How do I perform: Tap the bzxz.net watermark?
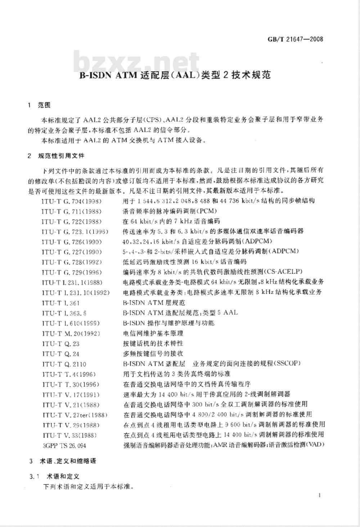click(136, 62)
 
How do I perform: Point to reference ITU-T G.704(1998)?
click(71, 201)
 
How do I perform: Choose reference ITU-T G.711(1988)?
click(71, 211)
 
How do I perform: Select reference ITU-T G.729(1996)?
click(71, 272)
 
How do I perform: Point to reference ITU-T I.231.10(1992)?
click(76, 292)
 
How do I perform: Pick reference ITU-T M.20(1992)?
click(71, 334)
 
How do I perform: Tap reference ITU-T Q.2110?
click(64, 364)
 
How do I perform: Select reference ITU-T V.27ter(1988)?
click(75, 415)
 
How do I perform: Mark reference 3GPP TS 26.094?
click(64, 446)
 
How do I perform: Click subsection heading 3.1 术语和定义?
click(54, 477)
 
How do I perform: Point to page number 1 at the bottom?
click(319, 495)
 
